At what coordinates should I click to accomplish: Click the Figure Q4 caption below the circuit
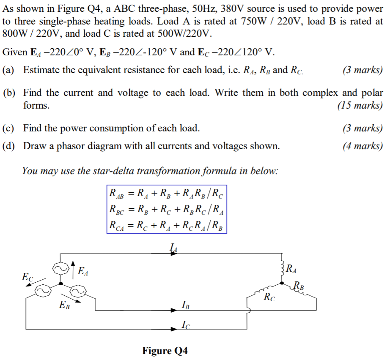(x=165, y=351)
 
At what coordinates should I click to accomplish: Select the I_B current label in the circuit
(x=185, y=304)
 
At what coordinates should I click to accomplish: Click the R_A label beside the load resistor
(x=291, y=268)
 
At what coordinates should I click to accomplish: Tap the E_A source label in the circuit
(x=83, y=271)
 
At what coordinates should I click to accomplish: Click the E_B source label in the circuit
(x=65, y=305)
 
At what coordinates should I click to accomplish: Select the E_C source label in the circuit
(x=27, y=278)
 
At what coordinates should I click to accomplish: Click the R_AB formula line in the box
(x=166, y=194)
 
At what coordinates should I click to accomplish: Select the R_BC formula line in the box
(x=166, y=210)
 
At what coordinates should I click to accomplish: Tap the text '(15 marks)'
(x=360, y=105)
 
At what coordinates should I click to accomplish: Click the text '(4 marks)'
(x=363, y=146)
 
